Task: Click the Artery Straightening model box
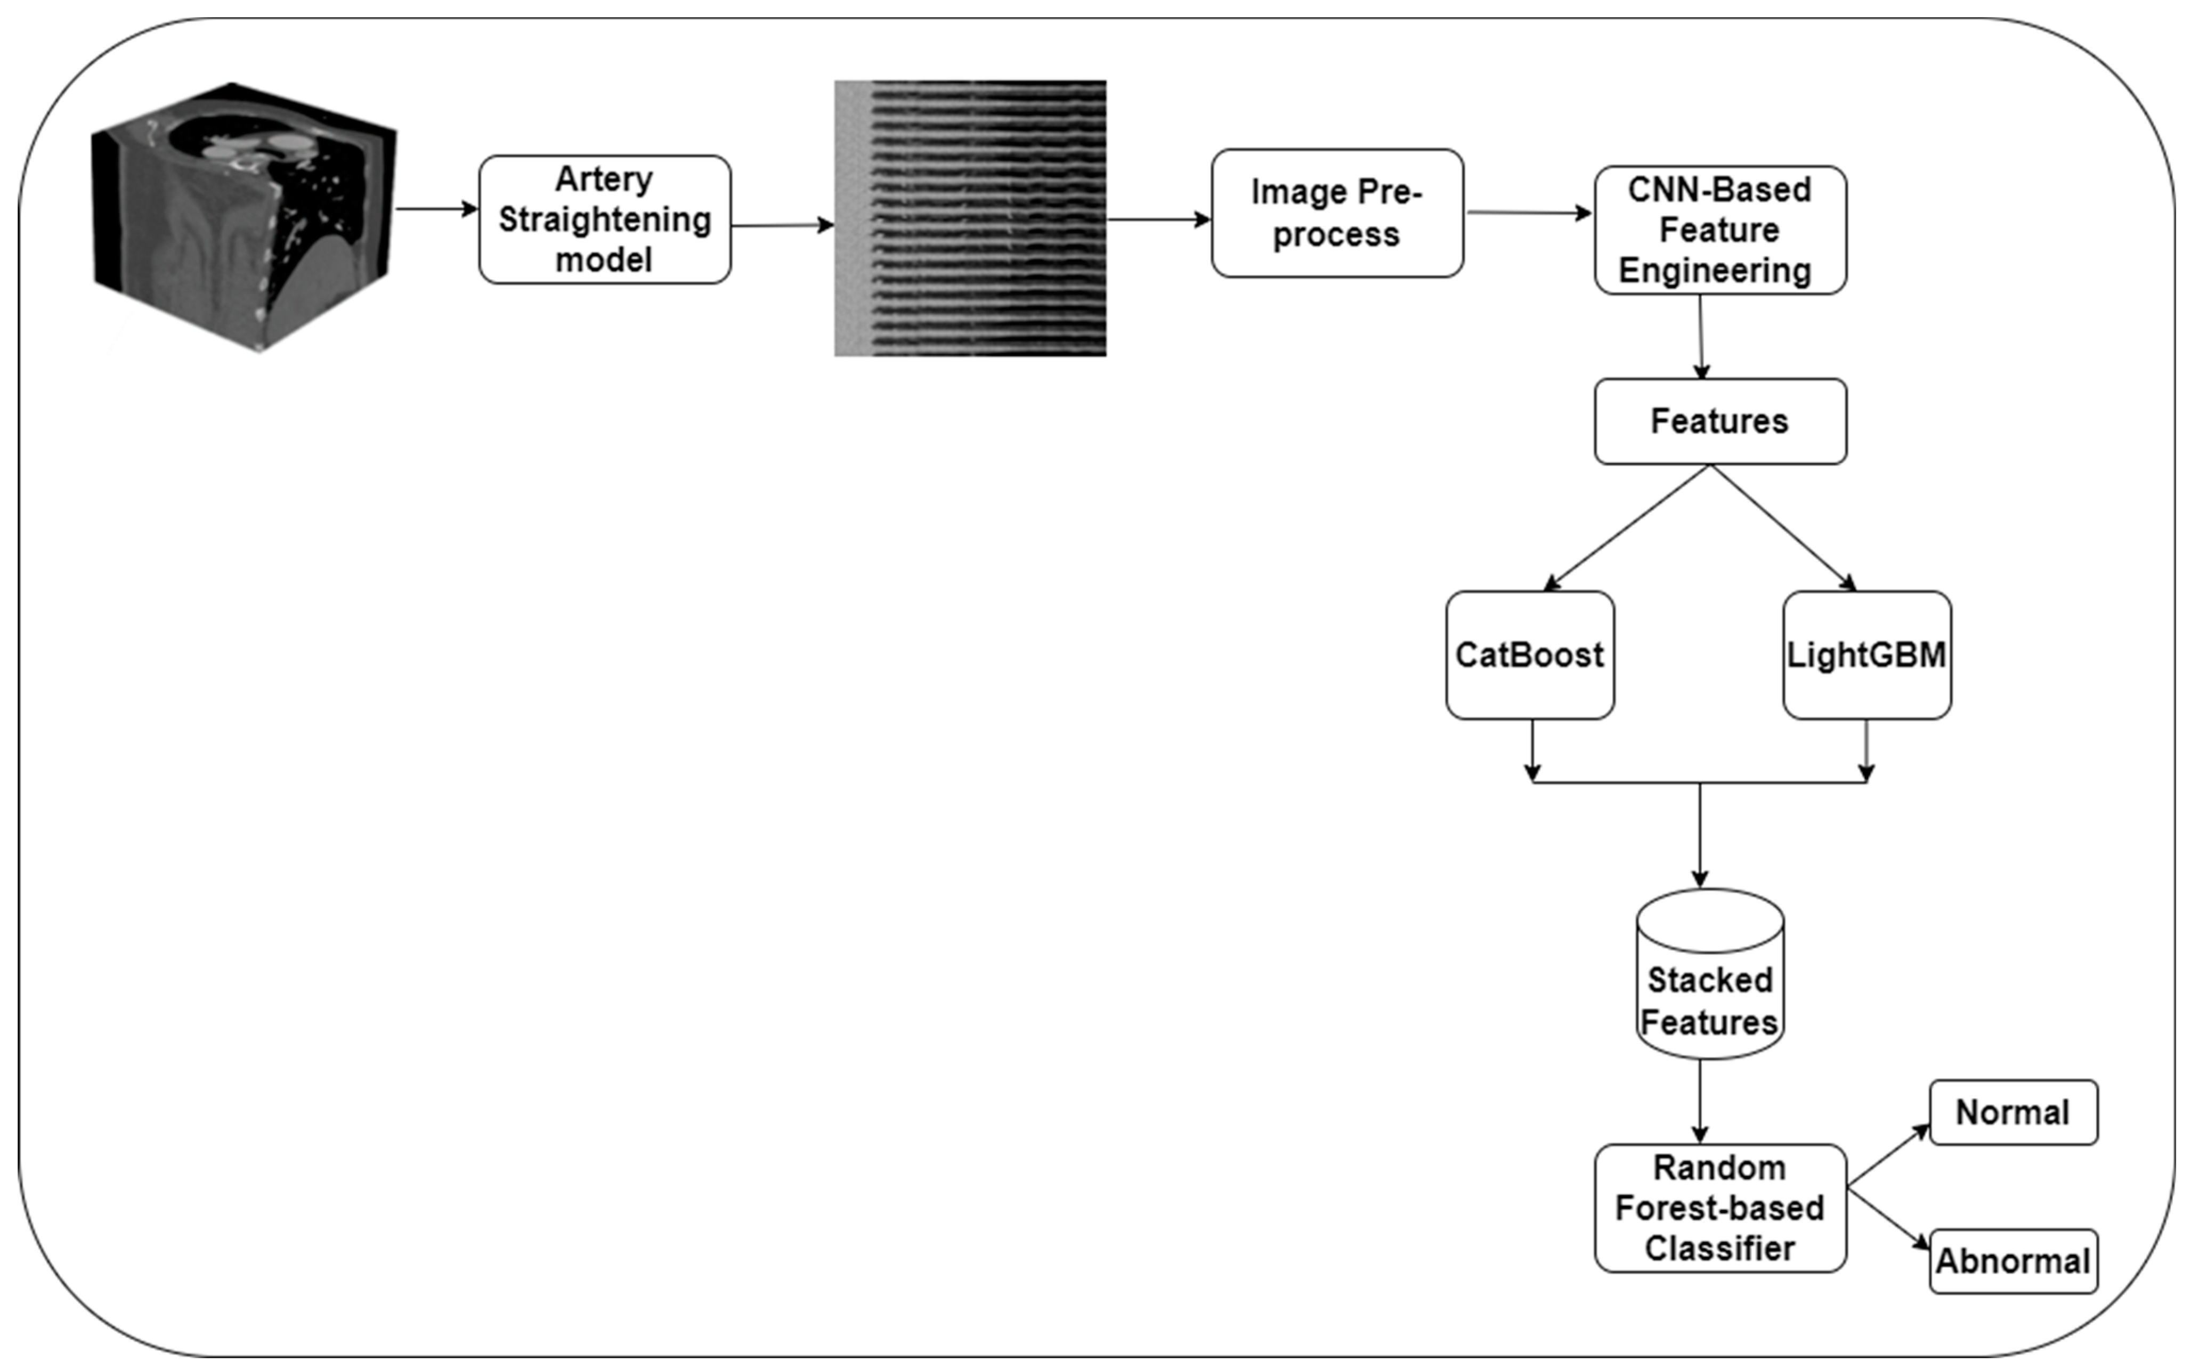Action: coord(604,219)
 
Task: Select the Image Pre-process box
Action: coord(1336,213)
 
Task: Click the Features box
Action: coord(1720,421)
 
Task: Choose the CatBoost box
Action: coord(1530,655)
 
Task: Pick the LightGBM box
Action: coord(1867,655)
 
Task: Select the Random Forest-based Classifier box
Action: coord(1720,1208)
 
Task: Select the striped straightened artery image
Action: coord(970,218)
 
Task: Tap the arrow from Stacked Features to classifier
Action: coord(1700,1101)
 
